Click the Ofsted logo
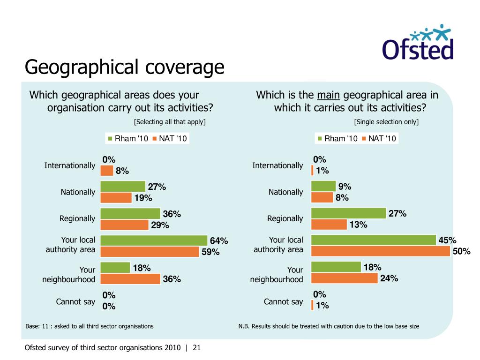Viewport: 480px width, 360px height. click(x=418, y=43)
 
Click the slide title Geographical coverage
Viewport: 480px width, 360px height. click(x=124, y=67)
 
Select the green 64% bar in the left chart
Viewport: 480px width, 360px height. click(x=154, y=240)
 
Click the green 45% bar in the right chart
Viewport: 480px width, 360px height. click(x=374, y=240)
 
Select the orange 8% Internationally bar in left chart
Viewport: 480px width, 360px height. click(x=107, y=171)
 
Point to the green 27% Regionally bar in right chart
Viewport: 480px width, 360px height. click(x=348, y=213)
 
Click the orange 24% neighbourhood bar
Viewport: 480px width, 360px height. click(x=345, y=278)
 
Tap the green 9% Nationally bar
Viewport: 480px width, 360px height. click(x=323, y=186)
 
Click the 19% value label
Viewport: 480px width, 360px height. click(x=143, y=198)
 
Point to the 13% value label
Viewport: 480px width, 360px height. click(x=358, y=225)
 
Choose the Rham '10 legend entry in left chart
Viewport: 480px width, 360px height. click(x=128, y=138)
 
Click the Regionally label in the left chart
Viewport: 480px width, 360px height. click(x=77, y=218)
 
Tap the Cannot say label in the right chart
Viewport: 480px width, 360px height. click(x=284, y=301)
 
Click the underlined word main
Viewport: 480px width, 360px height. click(x=328, y=95)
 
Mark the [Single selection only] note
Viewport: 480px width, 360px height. click(x=386, y=122)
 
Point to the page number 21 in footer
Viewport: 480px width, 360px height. click(x=196, y=348)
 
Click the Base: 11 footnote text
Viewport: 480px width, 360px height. click(x=90, y=326)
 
